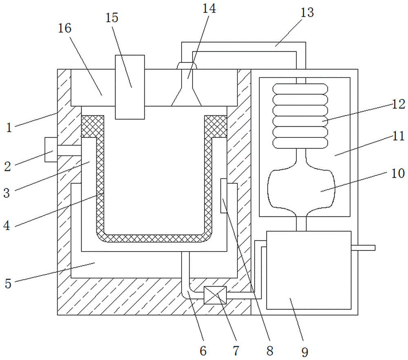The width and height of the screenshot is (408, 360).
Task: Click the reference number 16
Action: pyautogui.click(x=64, y=28)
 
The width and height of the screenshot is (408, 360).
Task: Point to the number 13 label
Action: pyautogui.click(x=307, y=12)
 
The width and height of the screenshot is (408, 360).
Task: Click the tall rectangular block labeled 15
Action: pyautogui.click(x=130, y=86)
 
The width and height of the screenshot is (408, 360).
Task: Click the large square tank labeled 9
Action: pyautogui.click(x=308, y=270)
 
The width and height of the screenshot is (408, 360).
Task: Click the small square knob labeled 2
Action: pyautogui.click(x=51, y=150)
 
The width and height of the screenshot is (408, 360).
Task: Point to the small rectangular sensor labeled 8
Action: pyautogui.click(x=224, y=195)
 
